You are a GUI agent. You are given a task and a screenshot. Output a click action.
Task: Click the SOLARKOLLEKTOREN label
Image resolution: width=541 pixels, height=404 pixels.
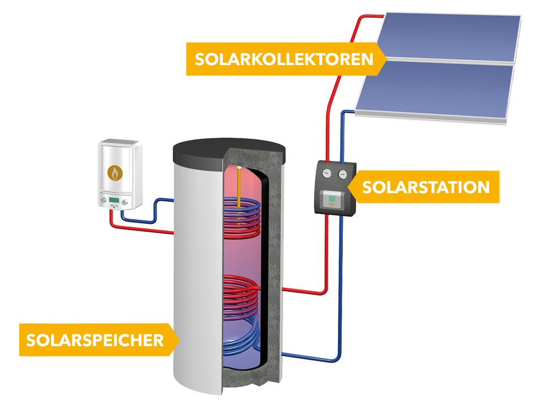coord(283,59)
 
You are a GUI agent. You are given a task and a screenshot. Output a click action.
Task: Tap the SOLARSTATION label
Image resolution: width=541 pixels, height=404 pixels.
coord(425,187)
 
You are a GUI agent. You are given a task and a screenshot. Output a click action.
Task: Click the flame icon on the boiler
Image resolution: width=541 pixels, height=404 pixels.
coord(115,172)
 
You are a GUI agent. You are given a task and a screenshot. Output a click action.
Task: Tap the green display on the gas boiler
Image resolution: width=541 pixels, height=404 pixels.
coord(114,199)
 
